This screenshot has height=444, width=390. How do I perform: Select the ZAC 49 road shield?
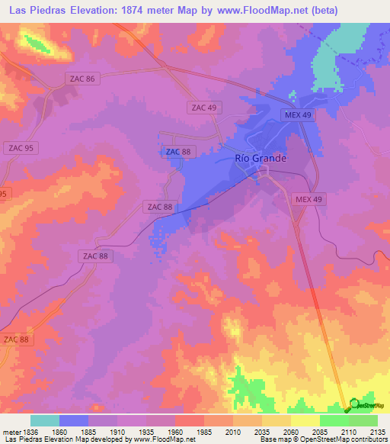tap(204, 108)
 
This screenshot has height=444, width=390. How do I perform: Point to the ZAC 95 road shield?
tap(18, 147)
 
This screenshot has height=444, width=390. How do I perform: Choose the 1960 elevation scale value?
tap(175, 432)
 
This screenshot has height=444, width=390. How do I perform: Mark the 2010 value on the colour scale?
tap(233, 432)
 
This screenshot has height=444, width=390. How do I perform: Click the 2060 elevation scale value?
tap(291, 432)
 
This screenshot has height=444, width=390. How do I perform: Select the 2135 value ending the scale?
tap(376, 432)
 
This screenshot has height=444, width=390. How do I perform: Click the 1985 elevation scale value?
tap(204, 432)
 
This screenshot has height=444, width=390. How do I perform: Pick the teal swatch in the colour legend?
tap(45, 420)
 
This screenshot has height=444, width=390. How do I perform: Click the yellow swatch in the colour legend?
tap(305, 420)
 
